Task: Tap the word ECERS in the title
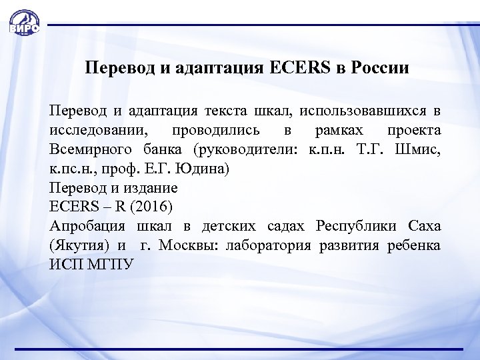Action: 293,68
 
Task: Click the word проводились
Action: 214,128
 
